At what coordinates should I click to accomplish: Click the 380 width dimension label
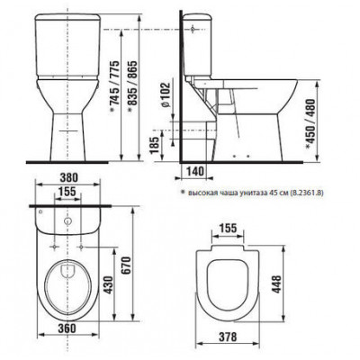[x=68, y=178]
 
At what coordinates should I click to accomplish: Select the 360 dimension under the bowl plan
[x=67, y=328]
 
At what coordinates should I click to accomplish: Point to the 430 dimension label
[x=108, y=285]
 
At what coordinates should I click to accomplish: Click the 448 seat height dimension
[x=277, y=284]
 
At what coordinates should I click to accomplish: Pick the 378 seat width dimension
[x=227, y=337]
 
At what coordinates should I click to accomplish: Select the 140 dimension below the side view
[x=195, y=171]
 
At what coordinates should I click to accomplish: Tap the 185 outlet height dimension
[x=155, y=146]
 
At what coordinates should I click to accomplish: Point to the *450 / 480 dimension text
[x=310, y=124]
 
